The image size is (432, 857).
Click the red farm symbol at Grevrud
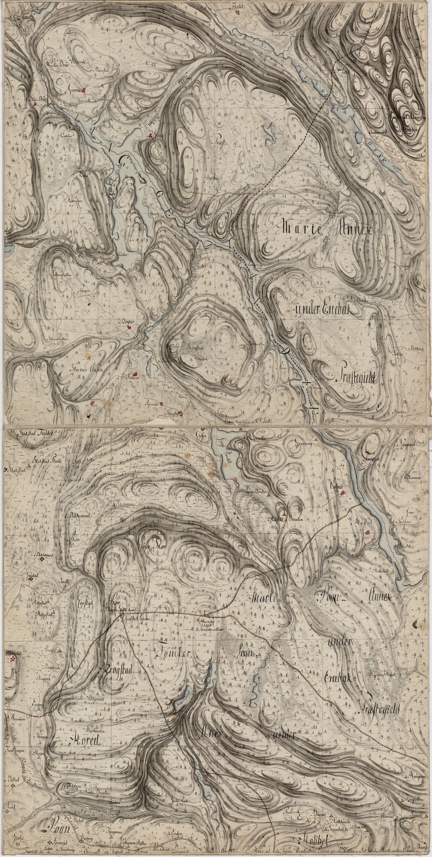85,89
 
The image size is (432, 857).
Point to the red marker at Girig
150,135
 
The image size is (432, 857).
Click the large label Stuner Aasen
81,369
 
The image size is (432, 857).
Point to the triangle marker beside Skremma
114,504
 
